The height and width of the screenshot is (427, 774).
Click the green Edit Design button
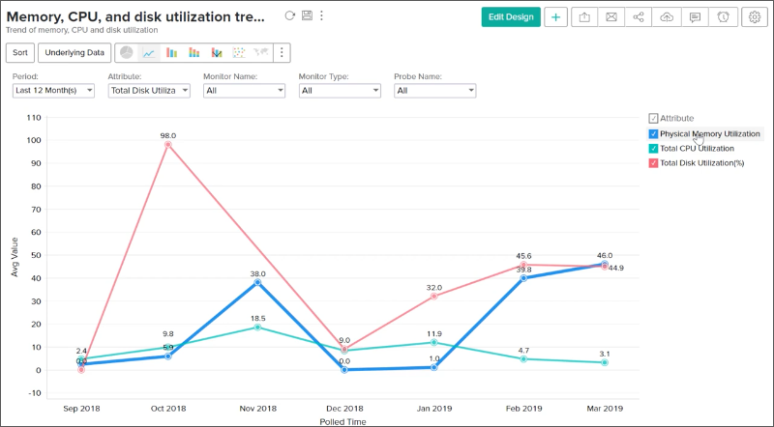[x=510, y=17]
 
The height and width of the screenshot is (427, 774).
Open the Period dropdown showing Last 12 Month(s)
[x=53, y=90]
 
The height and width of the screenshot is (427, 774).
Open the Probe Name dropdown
[x=434, y=90]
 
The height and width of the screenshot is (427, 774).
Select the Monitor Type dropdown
[x=340, y=90]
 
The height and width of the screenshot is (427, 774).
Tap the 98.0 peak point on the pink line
[x=168, y=145]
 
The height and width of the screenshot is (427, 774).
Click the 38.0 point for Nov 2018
[x=257, y=282]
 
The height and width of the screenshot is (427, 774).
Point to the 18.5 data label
[x=257, y=317]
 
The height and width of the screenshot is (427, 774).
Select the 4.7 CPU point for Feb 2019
[x=521, y=358]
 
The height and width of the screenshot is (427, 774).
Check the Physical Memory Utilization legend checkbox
[x=654, y=133]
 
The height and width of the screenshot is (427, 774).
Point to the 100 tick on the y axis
[x=34, y=140]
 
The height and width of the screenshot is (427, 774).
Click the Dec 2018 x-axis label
[x=345, y=410]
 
